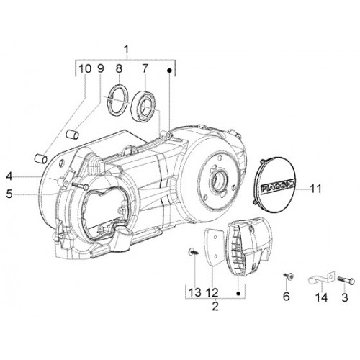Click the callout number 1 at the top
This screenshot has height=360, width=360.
(x=127, y=50)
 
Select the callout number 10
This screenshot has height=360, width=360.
(x=85, y=69)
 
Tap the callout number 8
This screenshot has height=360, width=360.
(x=119, y=69)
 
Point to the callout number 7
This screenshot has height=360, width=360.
(x=144, y=69)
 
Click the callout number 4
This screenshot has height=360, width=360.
(x=9, y=177)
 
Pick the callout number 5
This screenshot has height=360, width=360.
(x=9, y=194)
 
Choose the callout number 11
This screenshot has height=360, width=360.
(x=315, y=189)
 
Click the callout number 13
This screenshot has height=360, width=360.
(x=194, y=292)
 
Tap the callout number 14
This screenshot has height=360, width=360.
(x=321, y=297)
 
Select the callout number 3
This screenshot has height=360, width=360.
(x=345, y=297)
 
